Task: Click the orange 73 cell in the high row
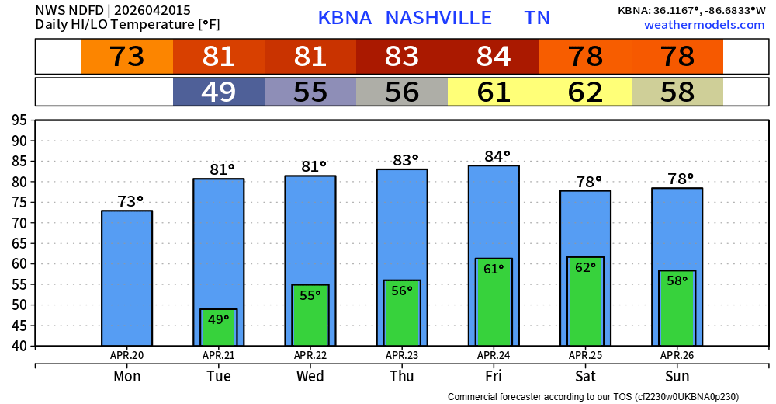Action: click(127, 57)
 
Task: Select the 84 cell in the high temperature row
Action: click(494, 57)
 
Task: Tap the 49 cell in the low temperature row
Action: click(219, 92)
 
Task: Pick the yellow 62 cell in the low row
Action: click(585, 92)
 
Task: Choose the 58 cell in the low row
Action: click(677, 92)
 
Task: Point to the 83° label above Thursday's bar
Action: click(402, 161)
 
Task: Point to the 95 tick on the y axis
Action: click(19, 120)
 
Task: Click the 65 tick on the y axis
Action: click(19, 243)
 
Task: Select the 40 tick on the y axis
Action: click(19, 346)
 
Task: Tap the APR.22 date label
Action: click(310, 356)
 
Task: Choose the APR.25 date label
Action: click(585, 356)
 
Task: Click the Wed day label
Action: click(310, 376)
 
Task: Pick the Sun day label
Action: click(677, 376)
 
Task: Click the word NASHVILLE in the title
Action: click(438, 18)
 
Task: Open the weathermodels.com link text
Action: click(704, 26)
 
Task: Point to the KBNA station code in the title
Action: click(346, 18)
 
